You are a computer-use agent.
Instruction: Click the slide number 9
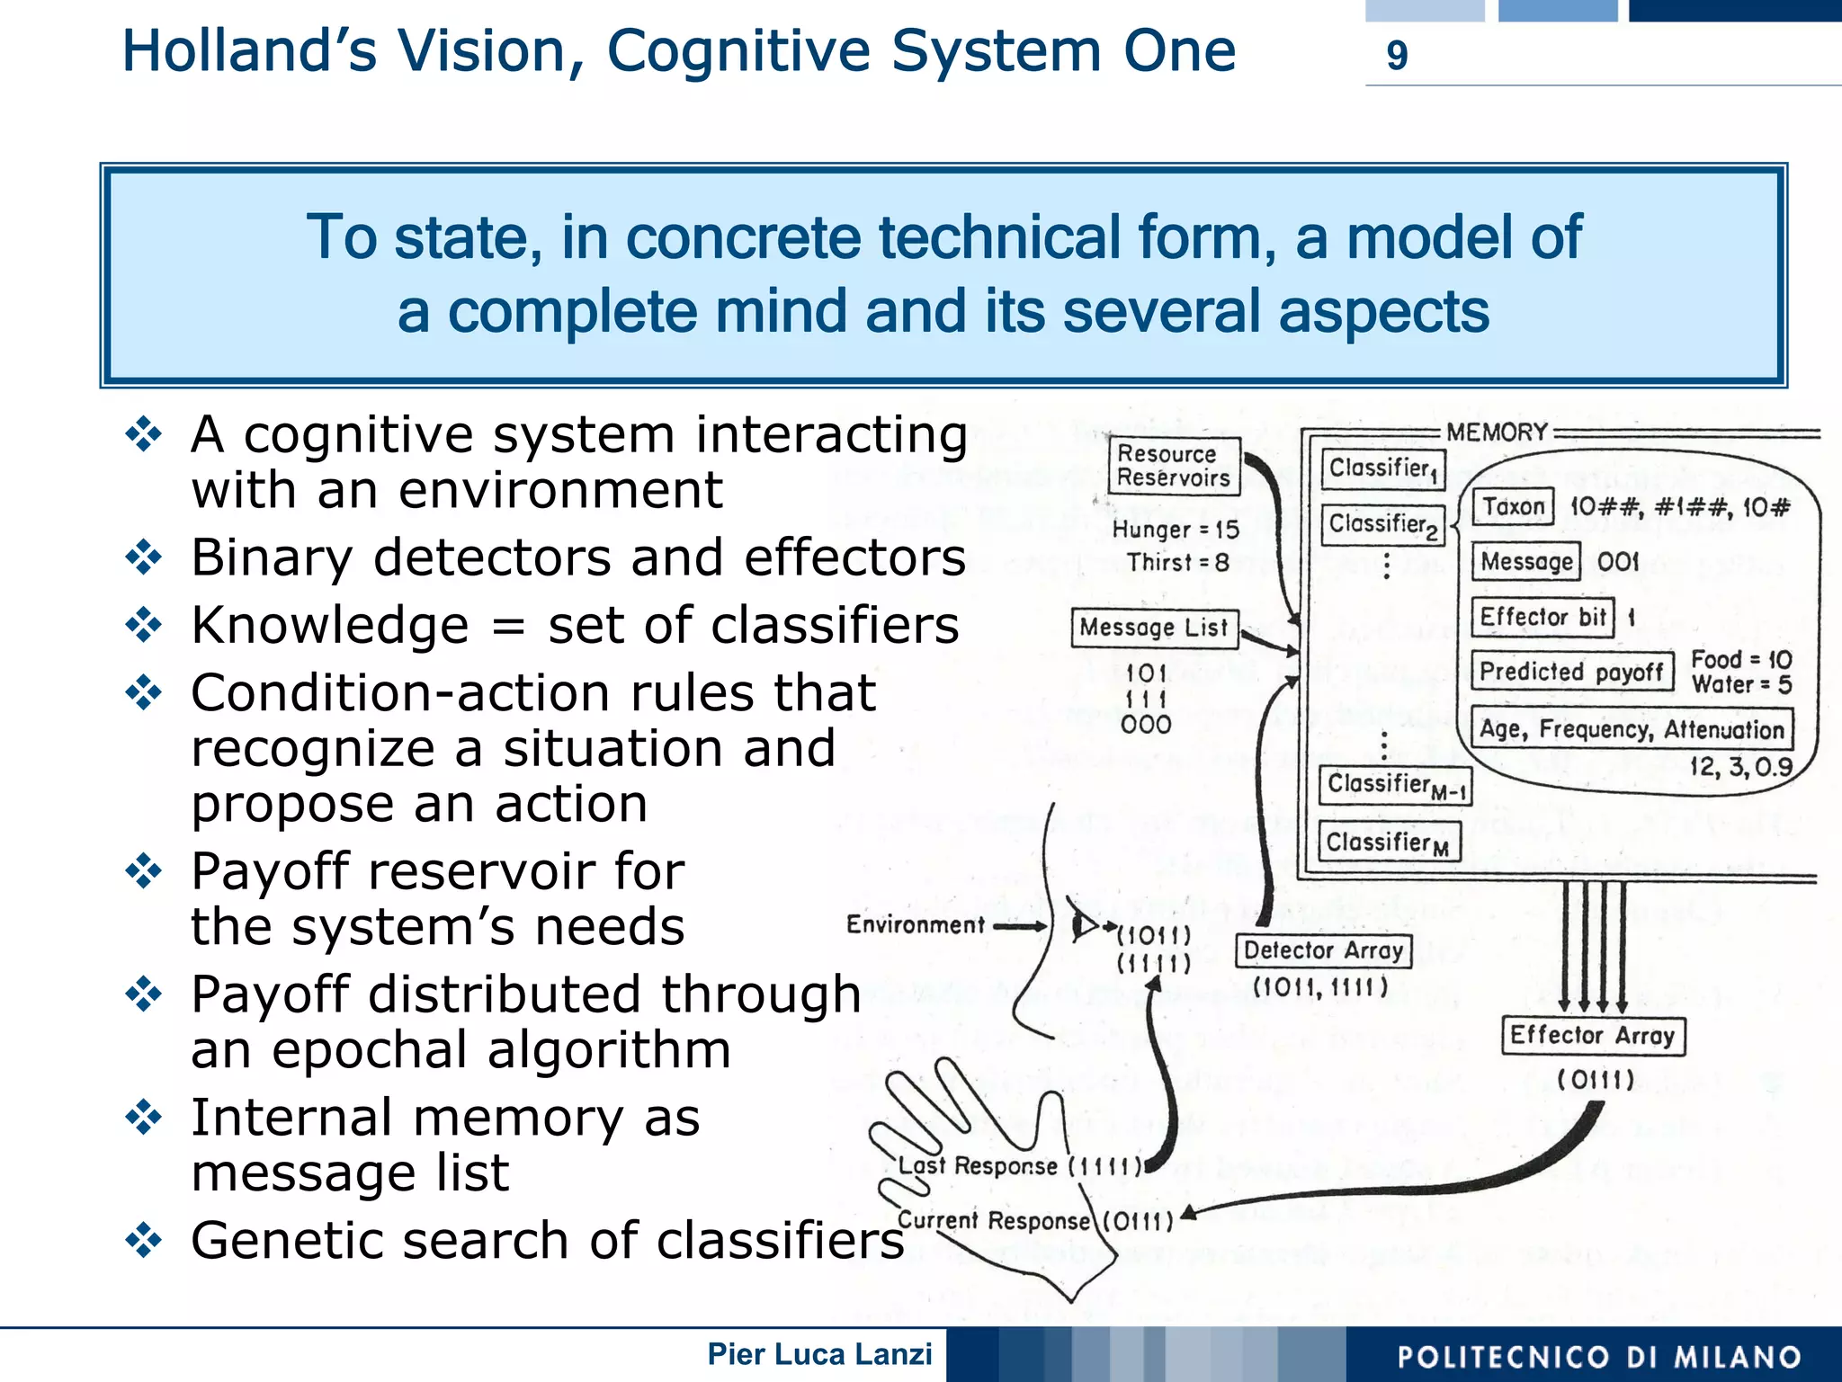tap(1396, 56)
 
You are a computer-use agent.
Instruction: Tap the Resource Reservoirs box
tap(1173, 466)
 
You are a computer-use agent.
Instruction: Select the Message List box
tap(1154, 627)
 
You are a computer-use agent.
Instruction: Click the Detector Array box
tap(1323, 950)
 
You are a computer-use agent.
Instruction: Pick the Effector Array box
tap(1592, 1035)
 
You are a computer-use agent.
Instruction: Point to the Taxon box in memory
tap(1514, 507)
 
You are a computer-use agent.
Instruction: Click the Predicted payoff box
tap(1571, 672)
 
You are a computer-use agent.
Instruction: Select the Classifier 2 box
tap(1382, 525)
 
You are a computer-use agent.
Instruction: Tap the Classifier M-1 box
tap(1395, 785)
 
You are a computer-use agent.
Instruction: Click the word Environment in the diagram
tap(915, 924)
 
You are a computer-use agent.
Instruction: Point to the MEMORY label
tap(1497, 432)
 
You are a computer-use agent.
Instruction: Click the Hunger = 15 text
tap(1176, 530)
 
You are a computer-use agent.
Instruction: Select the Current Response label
tap(994, 1220)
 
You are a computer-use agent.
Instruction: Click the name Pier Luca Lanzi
tap(819, 1354)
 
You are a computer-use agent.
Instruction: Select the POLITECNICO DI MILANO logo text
tap(1599, 1357)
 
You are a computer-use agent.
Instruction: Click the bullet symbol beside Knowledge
tap(144, 625)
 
